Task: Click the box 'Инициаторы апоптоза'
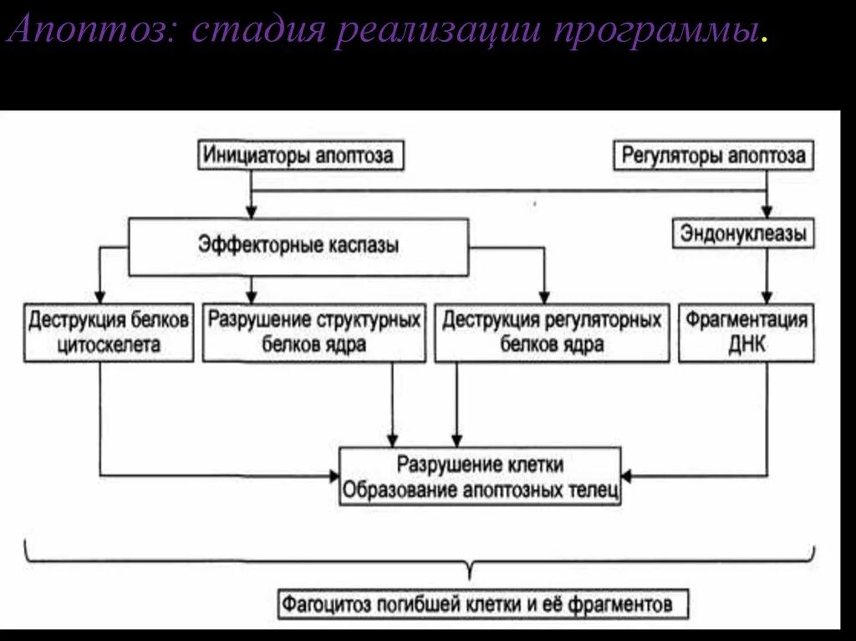[302, 155]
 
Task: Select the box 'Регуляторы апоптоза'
[712, 155]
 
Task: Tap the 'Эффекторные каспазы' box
[298, 246]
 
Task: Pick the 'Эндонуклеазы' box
[743, 234]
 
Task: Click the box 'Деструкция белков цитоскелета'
[109, 332]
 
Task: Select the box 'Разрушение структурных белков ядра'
[313, 332]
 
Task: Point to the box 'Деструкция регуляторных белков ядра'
[552, 332]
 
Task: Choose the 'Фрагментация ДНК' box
[746, 332]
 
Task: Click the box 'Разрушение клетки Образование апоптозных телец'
[480, 476]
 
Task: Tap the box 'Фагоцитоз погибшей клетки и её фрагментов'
[476, 603]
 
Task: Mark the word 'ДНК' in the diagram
[746, 343]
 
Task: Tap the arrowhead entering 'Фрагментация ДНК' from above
[767, 297]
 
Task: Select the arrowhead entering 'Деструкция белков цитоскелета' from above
[100, 297]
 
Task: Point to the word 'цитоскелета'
[109, 343]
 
